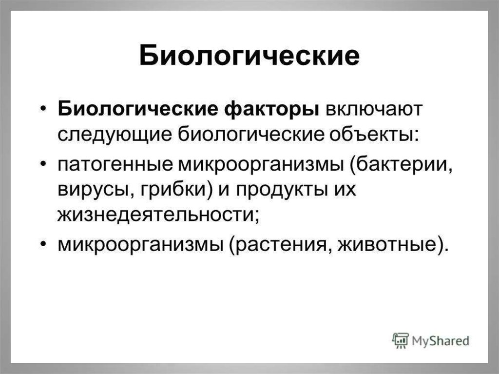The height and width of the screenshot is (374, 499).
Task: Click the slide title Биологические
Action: [x=249, y=56]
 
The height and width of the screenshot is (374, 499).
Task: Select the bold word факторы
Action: [x=271, y=109]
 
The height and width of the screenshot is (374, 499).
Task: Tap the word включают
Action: [x=374, y=109]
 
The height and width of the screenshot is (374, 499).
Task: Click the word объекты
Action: [x=374, y=134]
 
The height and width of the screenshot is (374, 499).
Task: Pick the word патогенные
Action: [x=115, y=165]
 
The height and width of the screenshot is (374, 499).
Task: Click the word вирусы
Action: [x=96, y=190]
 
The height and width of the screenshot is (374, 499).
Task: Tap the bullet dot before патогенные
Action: [x=43, y=163]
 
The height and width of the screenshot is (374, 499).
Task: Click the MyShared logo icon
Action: [x=401, y=340]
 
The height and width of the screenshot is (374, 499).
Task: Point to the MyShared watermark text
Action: [x=441, y=340]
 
